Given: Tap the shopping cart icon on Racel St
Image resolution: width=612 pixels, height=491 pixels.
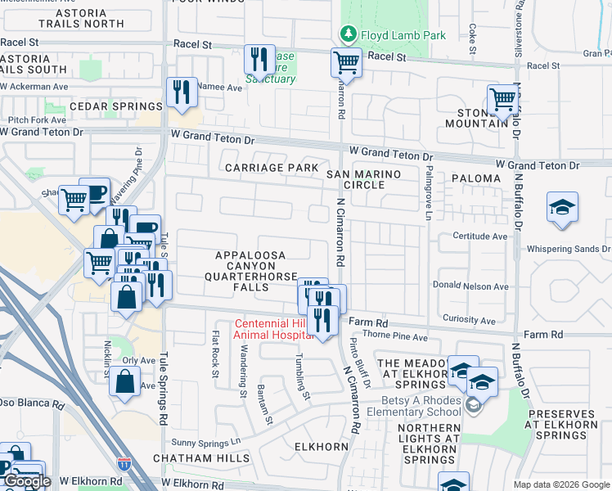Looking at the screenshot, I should [x=347, y=61].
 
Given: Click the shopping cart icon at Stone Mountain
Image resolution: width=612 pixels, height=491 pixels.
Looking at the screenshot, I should [x=502, y=99].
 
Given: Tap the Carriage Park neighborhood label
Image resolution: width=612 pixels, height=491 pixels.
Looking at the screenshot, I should [x=272, y=168].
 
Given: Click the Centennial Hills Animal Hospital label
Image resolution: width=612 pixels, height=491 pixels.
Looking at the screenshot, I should [x=274, y=328].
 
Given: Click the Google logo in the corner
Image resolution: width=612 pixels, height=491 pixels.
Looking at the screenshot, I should [x=27, y=482].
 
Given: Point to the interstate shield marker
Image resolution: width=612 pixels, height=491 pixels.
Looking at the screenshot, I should [x=124, y=464].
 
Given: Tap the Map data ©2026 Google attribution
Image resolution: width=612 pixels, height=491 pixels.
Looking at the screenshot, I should [x=560, y=484].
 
